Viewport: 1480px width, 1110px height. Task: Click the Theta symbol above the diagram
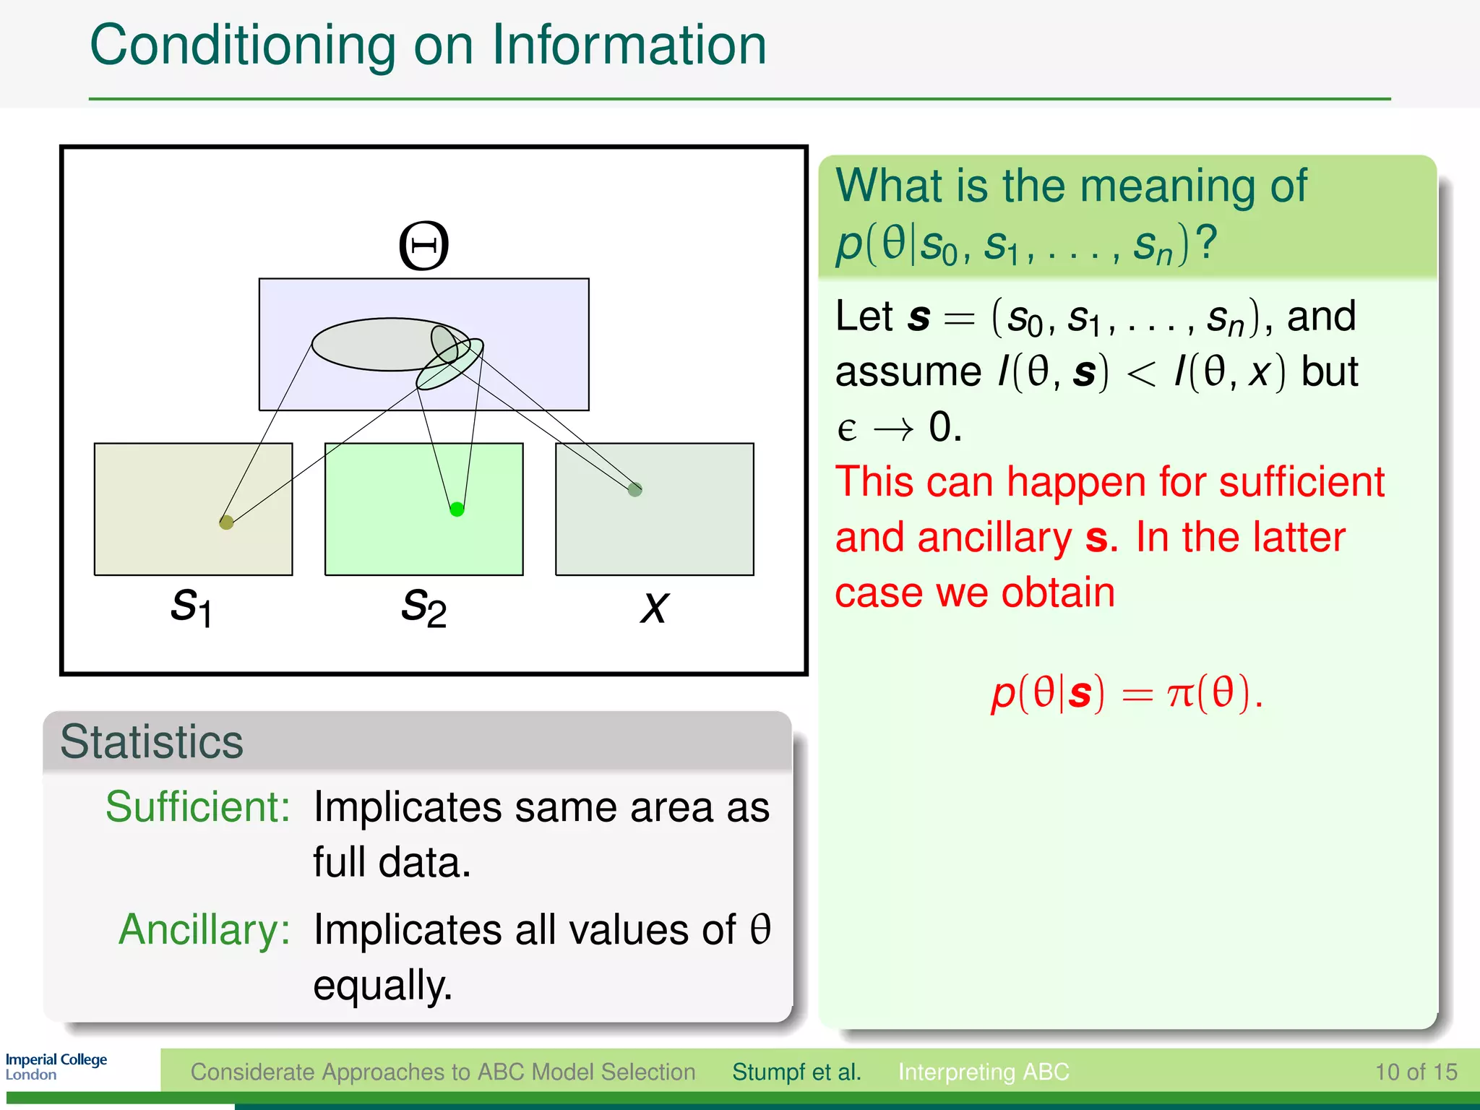click(x=423, y=246)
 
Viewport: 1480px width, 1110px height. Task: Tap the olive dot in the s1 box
click(x=226, y=522)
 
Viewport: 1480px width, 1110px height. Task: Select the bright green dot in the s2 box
click(x=457, y=509)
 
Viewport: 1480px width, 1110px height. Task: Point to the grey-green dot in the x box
click(x=634, y=489)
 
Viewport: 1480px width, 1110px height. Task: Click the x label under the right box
click(x=654, y=607)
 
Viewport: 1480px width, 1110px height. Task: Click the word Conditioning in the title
click(x=242, y=45)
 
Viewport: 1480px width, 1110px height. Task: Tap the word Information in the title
click(x=629, y=45)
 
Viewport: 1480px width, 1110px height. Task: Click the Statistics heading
click(x=152, y=741)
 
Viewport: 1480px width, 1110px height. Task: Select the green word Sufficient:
click(x=197, y=806)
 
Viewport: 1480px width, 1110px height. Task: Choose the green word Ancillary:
click(x=204, y=929)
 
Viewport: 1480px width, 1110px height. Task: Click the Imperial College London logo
click(x=56, y=1067)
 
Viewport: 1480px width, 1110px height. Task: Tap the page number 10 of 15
click(x=1416, y=1072)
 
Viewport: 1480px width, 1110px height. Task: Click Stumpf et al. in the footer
click(x=796, y=1072)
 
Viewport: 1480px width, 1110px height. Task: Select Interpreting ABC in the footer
click(x=983, y=1072)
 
